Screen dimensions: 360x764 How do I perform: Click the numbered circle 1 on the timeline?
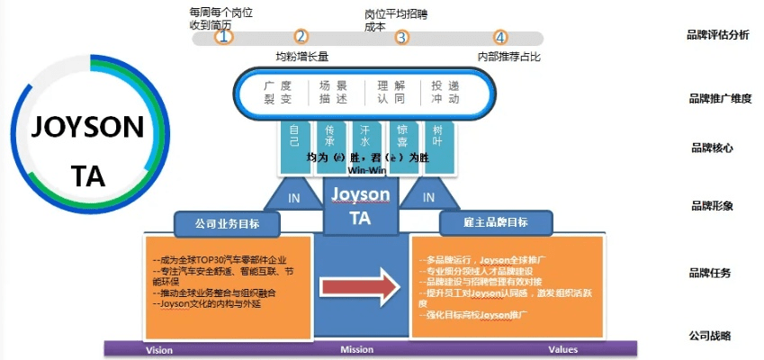pos(224,37)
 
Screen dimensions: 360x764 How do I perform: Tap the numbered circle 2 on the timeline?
pos(301,37)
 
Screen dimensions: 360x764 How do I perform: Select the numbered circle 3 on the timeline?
pos(401,37)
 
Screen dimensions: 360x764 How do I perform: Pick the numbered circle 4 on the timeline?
pos(500,37)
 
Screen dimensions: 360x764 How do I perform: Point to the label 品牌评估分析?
pos(717,35)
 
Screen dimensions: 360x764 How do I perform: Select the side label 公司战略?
pos(711,336)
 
